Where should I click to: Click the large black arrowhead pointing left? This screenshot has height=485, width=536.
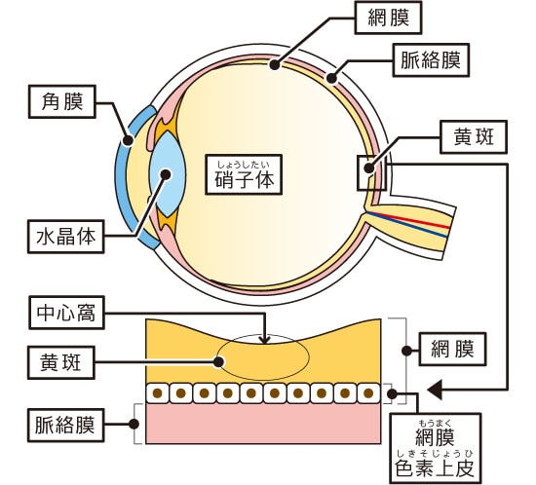(436, 391)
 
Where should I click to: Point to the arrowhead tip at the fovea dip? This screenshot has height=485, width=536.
(266, 342)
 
